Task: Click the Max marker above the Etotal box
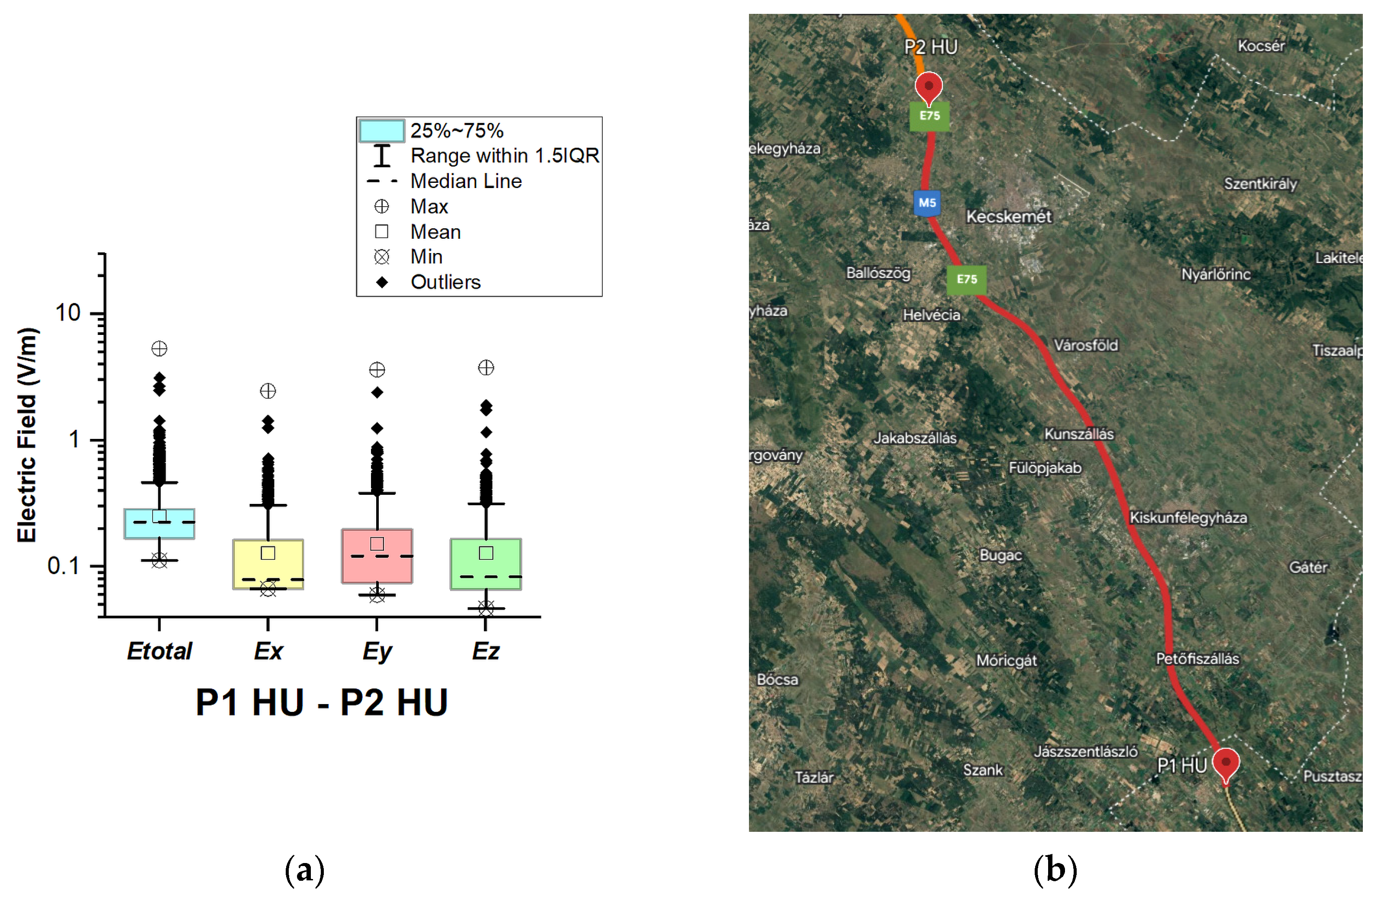(x=159, y=349)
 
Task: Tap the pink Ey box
(x=377, y=556)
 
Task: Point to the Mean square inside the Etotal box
(x=159, y=516)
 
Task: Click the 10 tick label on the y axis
(x=68, y=313)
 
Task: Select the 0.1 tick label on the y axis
(x=63, y=566)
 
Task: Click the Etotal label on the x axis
(x=159, y=651)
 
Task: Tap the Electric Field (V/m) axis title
(x=27, y=435)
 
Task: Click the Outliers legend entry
(x=445, y=282)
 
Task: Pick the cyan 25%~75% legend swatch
(x=381, y=131)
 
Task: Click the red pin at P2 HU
(x=929, y=88)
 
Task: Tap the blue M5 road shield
(x=927, y=203)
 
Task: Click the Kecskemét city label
(x=1009, y=217)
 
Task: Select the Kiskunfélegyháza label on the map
(x=1188, y=517)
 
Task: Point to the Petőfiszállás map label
(x=1197, y=659)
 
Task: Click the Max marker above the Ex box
(x=268, y=391)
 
